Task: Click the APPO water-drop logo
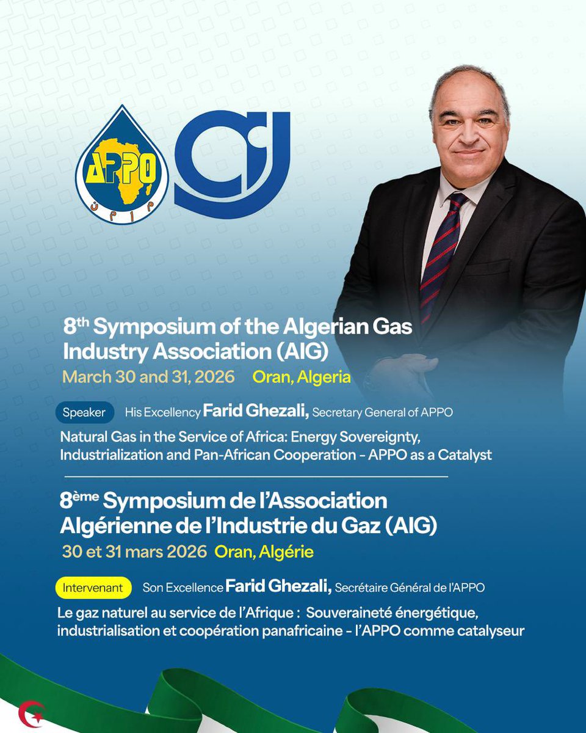click(x=122, y=165)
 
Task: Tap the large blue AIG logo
click(x=232, y=165)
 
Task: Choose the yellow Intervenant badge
click(x=93, y=588)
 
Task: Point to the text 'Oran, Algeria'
click(x=302, y=377)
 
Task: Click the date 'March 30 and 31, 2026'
click(x=148, y=377)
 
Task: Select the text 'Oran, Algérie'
click(x=264, y=552)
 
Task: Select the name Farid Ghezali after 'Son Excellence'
click(x=278, y=588)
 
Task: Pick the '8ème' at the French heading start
click(x=79, y=501)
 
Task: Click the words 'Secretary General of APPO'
click(x=383, y=412)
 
